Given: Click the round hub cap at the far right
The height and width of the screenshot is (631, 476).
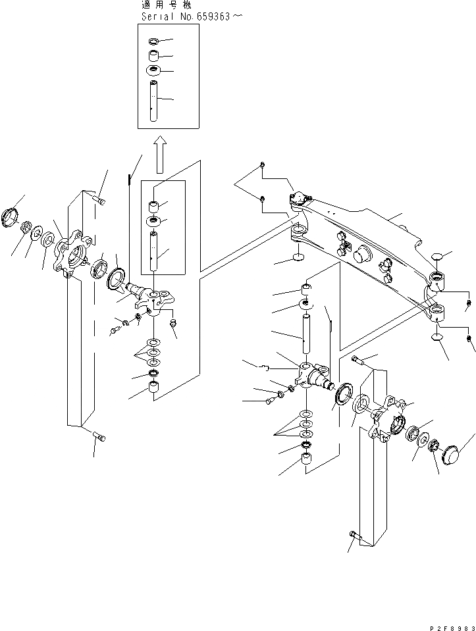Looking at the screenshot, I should tap(450, 455).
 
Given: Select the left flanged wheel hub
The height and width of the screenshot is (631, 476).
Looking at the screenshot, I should tap(71, 254).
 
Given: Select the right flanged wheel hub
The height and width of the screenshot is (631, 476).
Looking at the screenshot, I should tap(390, 422).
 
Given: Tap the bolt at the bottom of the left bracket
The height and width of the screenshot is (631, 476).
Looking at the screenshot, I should tap(99, 436).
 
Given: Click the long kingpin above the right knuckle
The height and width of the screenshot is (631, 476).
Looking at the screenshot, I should tap(305, 335).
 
